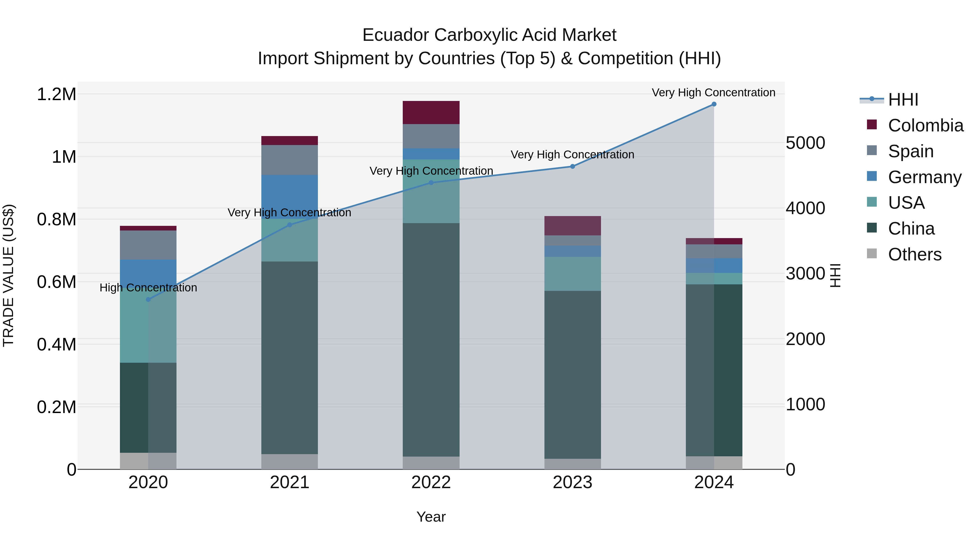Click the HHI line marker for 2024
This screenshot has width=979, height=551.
(714, 104)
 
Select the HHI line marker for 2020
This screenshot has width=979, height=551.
(148, 300)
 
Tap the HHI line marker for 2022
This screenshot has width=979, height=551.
(431, 183)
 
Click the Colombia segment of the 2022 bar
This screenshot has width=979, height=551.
(431, 113)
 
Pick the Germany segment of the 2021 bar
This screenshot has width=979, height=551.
(290, 197)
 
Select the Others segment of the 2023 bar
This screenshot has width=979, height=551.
(572, 464)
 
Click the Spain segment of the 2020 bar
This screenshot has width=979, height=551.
(148, 245)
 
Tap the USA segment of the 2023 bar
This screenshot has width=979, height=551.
(572, 274)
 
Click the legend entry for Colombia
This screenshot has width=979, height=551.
(925, 125)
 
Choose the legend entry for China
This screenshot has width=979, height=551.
(911, 229)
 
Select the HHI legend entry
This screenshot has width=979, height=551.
(903, 100)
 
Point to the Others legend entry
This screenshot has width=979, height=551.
(914, 254)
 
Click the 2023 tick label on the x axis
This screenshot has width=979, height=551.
(572, 482)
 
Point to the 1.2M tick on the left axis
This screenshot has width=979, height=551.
(56, 94)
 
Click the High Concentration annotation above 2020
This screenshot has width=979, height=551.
(148, 288)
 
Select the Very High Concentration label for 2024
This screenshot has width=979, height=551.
(713, 93)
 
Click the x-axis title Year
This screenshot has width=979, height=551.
(431, 517)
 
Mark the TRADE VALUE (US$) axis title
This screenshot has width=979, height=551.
(8, 275)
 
